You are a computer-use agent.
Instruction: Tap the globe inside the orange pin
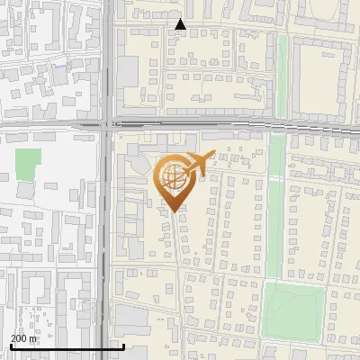coord(173,177)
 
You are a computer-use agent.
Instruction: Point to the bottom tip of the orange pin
coord(173,211)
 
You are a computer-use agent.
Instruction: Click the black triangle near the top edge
coord(181,25)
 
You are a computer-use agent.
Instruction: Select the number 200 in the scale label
coord(18,338)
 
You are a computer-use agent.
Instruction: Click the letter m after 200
coord(33,338)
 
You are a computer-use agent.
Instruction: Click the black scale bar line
coord(67,346)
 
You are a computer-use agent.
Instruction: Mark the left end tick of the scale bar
coord(11,345)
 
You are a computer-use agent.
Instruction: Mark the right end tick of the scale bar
coord(123,345)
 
